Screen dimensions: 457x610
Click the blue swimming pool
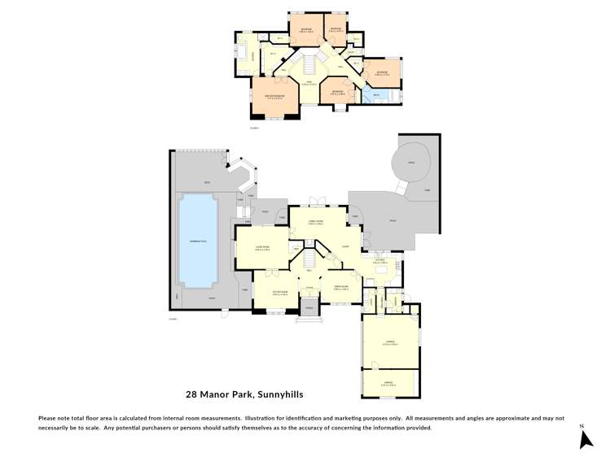pos(198,237)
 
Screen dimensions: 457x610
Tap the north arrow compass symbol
pos(585,439)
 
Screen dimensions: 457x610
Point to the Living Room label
pos(262,248)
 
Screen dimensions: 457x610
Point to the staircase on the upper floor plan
pos(309,63)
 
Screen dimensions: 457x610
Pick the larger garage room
pos(391,342)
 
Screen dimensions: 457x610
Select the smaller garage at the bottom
pos(391,384)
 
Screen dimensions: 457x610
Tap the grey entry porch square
pos(309,307)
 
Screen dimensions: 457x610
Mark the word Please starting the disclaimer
pos(49,418)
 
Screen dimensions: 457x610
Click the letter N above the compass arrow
pos(582,425)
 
